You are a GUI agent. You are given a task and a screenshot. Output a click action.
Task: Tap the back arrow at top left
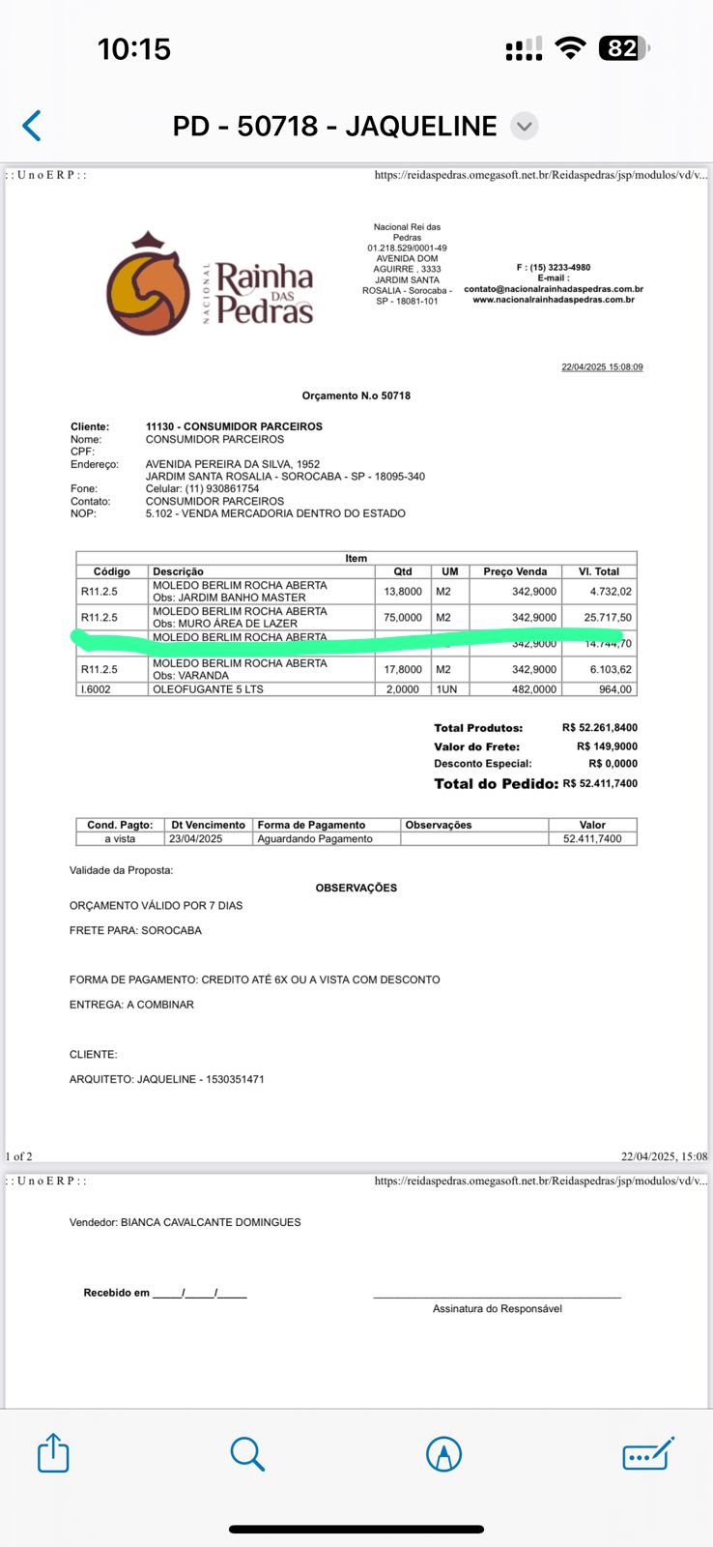click(x=32, y=126)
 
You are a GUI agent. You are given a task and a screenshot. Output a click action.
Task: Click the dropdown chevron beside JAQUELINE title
click(x=524, y=126)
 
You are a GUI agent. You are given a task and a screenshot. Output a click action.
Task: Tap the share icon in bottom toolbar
click(x=53, y=1453)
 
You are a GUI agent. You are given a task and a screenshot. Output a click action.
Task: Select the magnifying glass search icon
click(x=247, y=1453)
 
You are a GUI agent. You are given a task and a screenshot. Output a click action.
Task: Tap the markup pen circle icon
click(x=443, y=1453)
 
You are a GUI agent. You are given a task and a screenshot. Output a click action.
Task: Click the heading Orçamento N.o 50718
click(x=356, y=395)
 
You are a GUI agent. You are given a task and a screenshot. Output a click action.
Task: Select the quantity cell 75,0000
click(x=403, y=617)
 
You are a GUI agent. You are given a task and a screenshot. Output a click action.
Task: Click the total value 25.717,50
click(x=608, y=617)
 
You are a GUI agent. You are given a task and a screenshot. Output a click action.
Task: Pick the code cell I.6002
click(x=96, y=689)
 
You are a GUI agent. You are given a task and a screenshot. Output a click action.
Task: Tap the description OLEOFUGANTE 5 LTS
click(x=208, y=689)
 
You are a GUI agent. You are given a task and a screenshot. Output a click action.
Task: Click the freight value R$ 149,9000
click(x=607, y=746)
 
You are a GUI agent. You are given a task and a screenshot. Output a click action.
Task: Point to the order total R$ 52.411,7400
click(x=600, y=783)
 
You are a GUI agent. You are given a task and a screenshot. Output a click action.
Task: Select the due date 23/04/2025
click(x=195, y=838)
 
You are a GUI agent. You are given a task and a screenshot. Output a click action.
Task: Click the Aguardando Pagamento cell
click(x=315, y=838)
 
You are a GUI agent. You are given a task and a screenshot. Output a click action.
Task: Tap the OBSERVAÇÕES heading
click(x=356, y=888)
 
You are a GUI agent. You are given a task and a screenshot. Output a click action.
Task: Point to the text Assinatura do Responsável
click(x=497, y=1308)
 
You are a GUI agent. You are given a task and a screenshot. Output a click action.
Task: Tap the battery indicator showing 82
click(x=623, y=48)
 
